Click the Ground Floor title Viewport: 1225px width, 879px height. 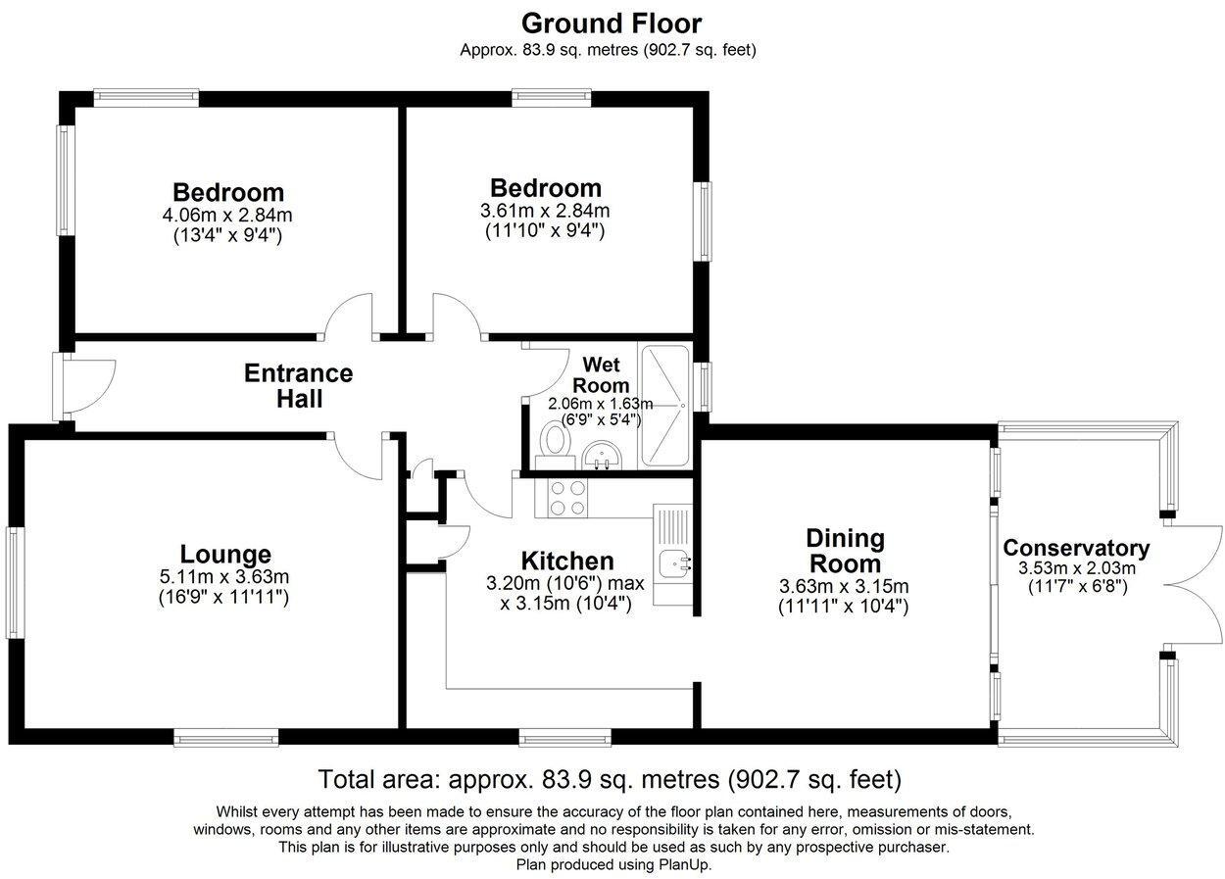[612, 24]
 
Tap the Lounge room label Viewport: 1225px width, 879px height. [225, 554]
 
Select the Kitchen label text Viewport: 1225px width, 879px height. [567, 562]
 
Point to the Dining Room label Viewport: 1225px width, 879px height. [845, 551]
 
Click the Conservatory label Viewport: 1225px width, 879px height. [1076, 548]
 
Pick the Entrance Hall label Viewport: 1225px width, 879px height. [299, 386]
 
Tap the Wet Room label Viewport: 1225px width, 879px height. [601, 374]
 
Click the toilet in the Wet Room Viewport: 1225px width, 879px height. [555, 447]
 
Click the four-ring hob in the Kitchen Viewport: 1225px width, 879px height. [562, 498]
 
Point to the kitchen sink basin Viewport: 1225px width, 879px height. [674, 563]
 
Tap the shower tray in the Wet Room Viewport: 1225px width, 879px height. [664, 406]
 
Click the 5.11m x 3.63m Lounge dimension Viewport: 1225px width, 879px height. [224, 576]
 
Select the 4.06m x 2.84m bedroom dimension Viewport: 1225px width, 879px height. [227, 215]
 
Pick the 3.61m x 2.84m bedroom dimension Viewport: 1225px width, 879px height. [545, 211]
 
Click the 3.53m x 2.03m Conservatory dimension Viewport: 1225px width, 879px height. [1077, 567]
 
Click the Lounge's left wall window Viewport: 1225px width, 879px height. [15, 582]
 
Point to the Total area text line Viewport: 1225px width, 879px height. [610, 779]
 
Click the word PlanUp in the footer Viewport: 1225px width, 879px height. [684, 864]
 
